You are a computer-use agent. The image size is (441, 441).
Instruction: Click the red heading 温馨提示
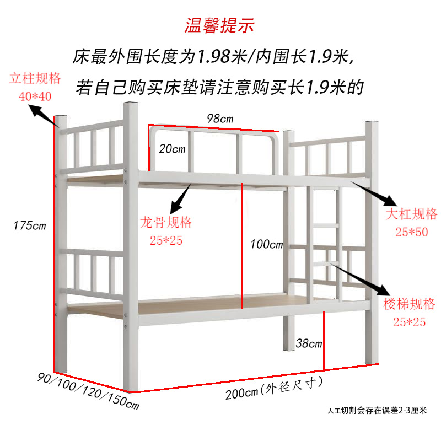coord(219,26)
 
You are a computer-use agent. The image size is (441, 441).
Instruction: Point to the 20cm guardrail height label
coord(172,149)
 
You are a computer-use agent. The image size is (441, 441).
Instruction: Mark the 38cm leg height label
coord(308,344)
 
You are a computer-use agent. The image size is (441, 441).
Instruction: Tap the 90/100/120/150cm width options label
coord(88,391)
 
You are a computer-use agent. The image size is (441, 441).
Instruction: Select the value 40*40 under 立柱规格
coord(35,96)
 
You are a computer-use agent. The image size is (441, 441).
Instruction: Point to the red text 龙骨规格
coord(166,223)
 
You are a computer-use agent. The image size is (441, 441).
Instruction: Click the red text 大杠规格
coord(411,214)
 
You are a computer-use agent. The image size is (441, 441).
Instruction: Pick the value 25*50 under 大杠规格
coord(411,232)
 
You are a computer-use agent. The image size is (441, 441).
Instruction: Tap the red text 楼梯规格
coord(410,304)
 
